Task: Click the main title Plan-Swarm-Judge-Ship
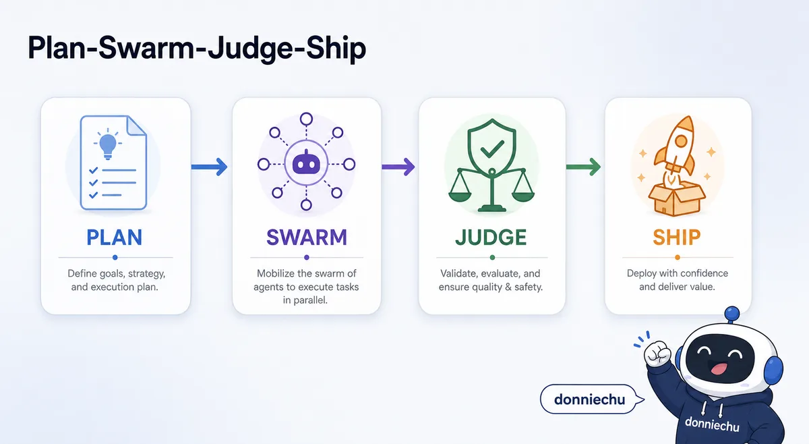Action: click(x=197, y=49)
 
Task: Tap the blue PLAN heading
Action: click(x=115, y=238)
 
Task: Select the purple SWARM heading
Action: click(x=307, y=238)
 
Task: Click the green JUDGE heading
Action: click(x=491, y=238)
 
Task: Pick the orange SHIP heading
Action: click(x=676, y=238)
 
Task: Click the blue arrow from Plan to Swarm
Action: click(x=210, y=167)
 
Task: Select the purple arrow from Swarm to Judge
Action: click(x=398, y=167)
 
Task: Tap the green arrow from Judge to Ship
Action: click(x=583, y=167)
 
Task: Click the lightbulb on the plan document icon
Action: click(x=108, y=145)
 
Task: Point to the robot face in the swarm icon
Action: click(x=306, y=163)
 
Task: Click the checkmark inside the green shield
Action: click(x=492, y=148)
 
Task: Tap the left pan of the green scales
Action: click(x=460, y=196)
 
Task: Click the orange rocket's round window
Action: click(x=681, y=141)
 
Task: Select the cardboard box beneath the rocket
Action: click(x=676, y=199)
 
